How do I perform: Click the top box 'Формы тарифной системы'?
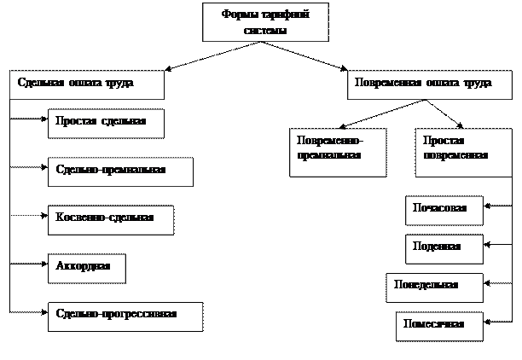point(265,23)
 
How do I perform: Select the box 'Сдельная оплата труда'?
point(87,84)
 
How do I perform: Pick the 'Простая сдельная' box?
point(106,123)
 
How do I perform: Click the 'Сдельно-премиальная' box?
point(120,171)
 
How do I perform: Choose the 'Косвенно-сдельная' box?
point(111,219)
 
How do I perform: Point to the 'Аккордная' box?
point(86,267)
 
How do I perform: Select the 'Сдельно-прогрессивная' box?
point(125,316)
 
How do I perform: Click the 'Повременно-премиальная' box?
point(338,151)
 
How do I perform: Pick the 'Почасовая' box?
point(444,210)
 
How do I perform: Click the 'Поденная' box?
point(444,248)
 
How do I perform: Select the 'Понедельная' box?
point(434,287)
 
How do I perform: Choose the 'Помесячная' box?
point(439,325)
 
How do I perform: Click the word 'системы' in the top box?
point(265,30)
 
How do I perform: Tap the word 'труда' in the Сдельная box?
point(119,84)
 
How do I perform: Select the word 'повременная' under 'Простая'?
point(455,156)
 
